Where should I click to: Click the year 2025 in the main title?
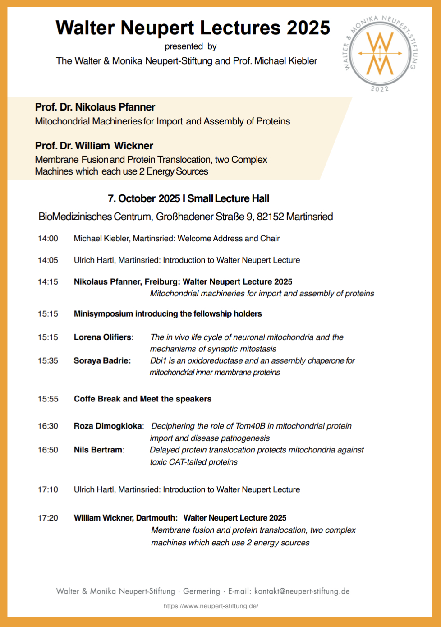click(308, 28)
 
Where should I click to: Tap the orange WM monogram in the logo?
click(380, 53)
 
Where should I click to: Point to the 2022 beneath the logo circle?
click(380, 89)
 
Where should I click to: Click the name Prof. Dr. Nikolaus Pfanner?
click(95, 107)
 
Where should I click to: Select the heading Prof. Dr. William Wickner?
click(94, 146)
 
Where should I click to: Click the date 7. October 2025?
click(144, 199)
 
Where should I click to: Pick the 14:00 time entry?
click(48, 239)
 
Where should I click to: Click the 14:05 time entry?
click(48, 260)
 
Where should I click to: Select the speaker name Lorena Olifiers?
click(103, 337)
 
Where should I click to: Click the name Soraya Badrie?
click(102, 361)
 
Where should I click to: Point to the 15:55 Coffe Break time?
click(48, 399)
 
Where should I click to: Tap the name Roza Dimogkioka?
click(108, 426)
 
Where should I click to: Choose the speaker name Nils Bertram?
click(98, 450)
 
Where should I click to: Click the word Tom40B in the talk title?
click(250, 426)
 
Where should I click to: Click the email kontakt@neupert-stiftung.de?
click(302, 591)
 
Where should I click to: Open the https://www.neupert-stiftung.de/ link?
click(211, 606)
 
